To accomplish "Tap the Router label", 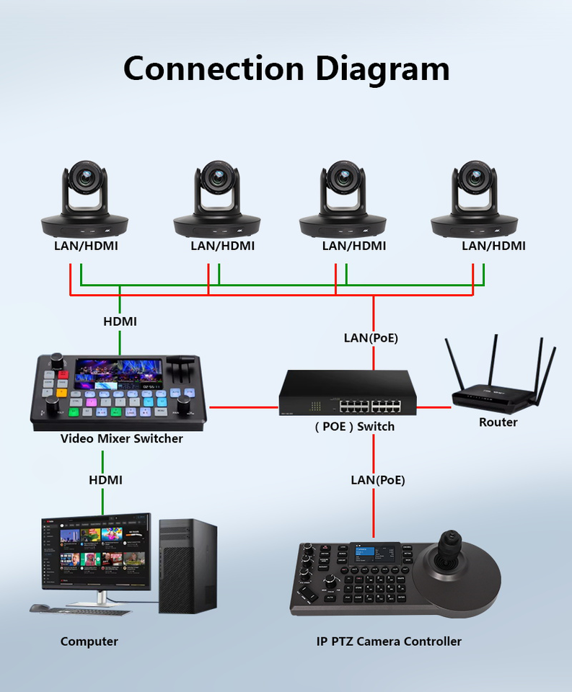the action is [x=498, y=422].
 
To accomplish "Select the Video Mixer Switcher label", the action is [x=121, y=438].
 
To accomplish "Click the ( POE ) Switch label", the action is [x=355, y=427].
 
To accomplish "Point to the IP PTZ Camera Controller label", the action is [x=389, y=642].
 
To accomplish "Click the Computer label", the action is [x=89, y=642].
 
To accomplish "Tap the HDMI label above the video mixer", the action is [x=120, y=321].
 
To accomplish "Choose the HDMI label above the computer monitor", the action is [x=105, y=480].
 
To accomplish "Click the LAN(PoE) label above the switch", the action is [x=371, y=338].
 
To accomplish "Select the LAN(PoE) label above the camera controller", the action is [x=378, y=480].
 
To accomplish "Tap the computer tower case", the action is [x=188, y=567].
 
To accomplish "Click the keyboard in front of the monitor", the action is [x=81, y=611].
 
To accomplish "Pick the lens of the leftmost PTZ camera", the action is [x=84, y=177].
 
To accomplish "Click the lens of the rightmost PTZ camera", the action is [x=475, y=177].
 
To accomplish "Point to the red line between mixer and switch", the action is [x=244, y=407].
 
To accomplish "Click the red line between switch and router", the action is [x=434, y=407].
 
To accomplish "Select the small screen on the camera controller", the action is [x=375, y=553].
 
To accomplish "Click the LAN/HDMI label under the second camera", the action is [x=223, y=246].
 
